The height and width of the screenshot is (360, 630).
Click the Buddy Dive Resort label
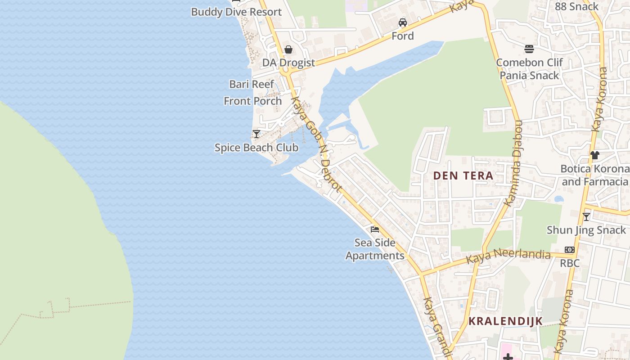(236, 12)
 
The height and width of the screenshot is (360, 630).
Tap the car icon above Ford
(402, 22)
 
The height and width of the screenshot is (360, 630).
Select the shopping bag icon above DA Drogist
(288, 49)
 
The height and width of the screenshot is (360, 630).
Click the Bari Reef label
(252, 84)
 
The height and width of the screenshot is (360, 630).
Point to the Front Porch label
(253, 101)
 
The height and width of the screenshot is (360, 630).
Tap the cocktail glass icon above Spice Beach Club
(256, 134)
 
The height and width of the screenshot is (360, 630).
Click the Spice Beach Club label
(256, 148)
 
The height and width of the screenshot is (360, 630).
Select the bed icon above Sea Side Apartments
(374, 229)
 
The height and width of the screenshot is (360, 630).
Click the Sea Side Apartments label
(375, 249)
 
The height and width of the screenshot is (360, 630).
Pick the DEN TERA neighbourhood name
(463, 176)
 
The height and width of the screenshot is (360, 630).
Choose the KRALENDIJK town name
(506, 321)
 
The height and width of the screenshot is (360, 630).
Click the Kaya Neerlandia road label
(508, 256)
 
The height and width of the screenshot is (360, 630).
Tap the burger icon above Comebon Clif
(529, 49)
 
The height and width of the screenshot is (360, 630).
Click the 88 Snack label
(576, 7)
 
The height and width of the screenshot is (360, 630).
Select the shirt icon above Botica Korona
(595, 155)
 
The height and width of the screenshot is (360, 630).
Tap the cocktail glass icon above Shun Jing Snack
(586, 217)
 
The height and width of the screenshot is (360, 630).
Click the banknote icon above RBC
(570, 250)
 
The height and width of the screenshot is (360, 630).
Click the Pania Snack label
(529, 75)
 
